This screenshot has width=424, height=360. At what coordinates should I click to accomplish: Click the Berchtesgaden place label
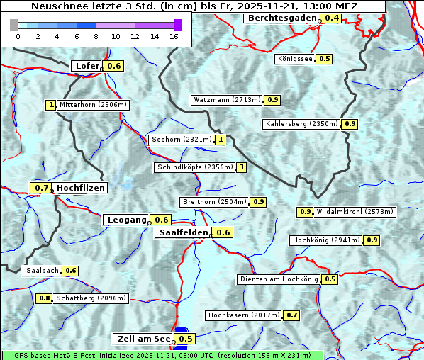(x=281, y=18)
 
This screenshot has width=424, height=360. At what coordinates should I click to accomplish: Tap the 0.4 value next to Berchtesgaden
(x=331, y=18)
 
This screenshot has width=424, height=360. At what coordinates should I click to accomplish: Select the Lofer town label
(x=87, y=66)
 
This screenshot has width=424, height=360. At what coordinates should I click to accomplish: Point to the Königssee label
(x=294, y=59)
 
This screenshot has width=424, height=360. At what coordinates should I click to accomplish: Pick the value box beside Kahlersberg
(x=350, y=124)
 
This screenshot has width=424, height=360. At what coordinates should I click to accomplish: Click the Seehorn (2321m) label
(x=182, y=140)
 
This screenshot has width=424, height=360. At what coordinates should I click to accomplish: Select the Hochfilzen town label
(x=81, y=188)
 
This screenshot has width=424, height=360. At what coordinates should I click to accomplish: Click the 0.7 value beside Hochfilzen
(x=41, y=188)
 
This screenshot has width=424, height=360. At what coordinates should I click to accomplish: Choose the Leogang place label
(x=127, y=220)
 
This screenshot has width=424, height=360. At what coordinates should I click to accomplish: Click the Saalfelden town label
(x=183, y=232)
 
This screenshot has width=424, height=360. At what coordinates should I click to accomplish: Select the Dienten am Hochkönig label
(x=278, y=279)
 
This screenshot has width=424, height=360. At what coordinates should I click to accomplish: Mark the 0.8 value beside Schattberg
(x=44, y=298)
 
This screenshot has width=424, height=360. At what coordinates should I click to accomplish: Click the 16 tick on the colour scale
(x=174, y=36)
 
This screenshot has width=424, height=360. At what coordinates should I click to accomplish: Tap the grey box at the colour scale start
(x=14, y=25)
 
